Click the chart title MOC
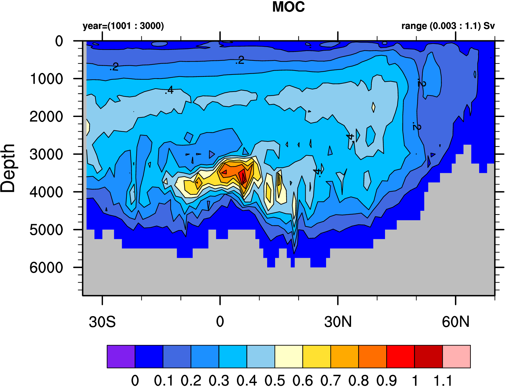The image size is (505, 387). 288,7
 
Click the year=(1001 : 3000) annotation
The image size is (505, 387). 123,26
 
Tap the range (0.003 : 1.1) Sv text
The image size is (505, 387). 448,26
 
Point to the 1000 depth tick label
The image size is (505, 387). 46,79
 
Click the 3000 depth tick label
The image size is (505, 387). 46,155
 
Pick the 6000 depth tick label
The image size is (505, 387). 46,268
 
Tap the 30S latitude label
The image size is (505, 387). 102,322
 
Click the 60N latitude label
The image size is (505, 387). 456,322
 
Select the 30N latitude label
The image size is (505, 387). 338,322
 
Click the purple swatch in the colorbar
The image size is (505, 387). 121,356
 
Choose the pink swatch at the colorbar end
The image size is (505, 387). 456,356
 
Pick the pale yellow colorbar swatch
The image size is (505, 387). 289,356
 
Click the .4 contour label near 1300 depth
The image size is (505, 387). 169,90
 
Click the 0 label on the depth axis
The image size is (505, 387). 59,41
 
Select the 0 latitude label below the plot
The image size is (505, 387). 220,322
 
